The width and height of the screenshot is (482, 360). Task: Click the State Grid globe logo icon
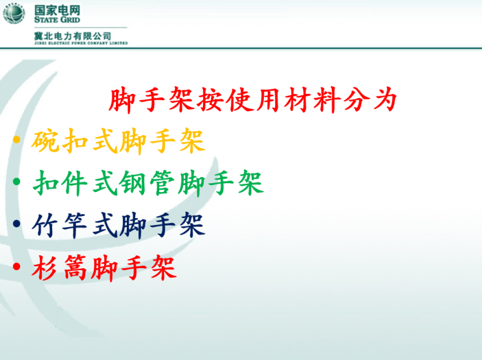point(14,13)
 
